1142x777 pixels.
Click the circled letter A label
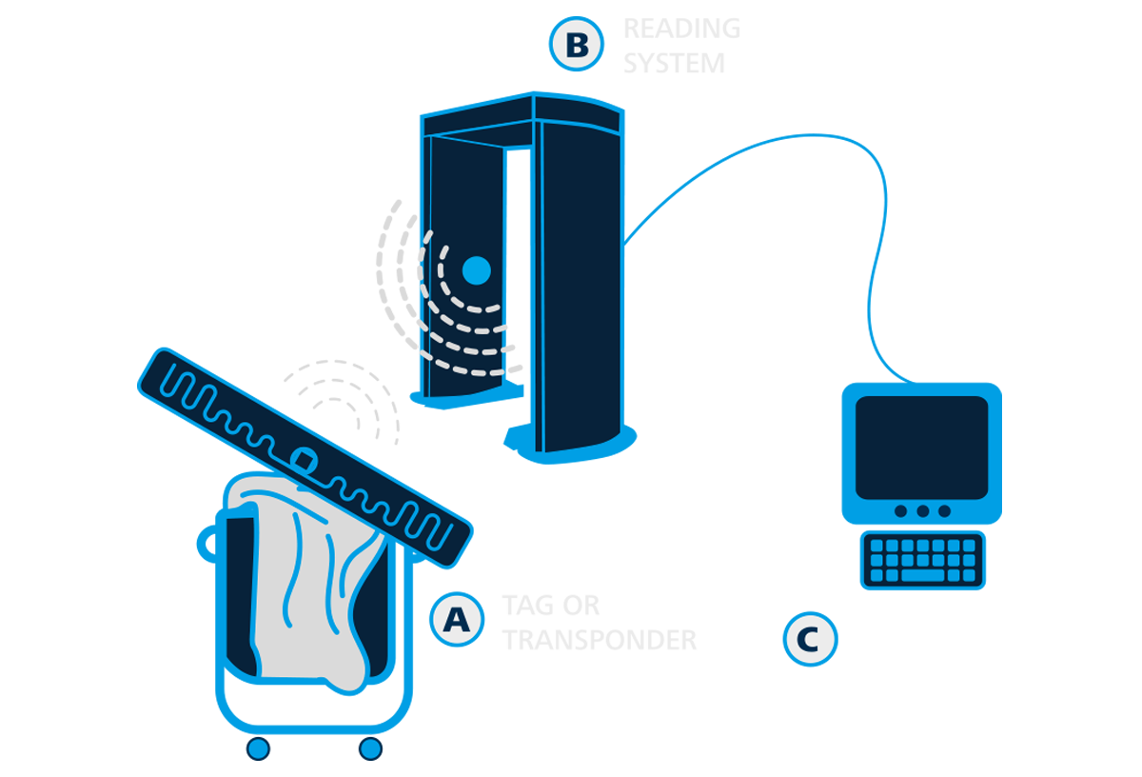coord(457,620)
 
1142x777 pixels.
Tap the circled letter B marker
coord(577,45)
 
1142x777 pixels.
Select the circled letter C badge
coord(810,639)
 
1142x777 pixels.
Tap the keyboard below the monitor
coord(922,561)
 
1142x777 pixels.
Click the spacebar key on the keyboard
coord(922,576)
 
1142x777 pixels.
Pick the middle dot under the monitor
coord(922,511)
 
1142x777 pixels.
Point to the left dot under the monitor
coord(900,511)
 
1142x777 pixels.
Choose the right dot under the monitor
coord(944,511)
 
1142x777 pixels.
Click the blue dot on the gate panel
coord(476,270)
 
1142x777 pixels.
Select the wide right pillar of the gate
coord(581,286)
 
